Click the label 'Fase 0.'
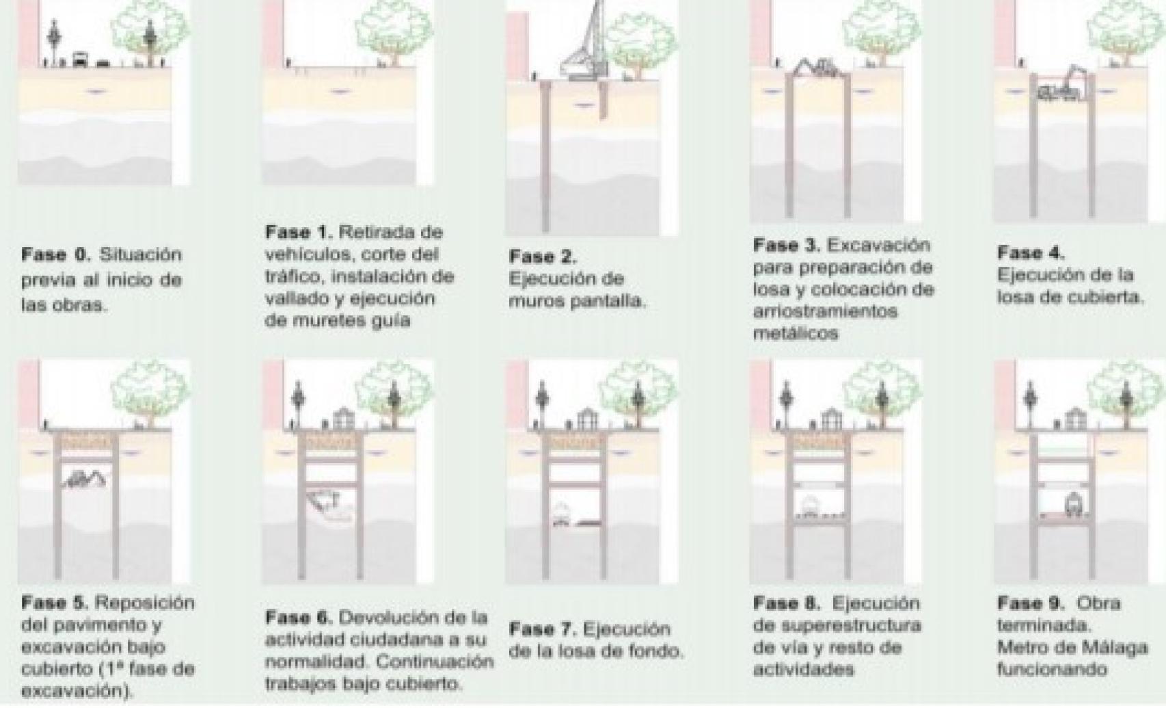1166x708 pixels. (55, 255)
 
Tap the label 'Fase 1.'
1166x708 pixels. (299, 233)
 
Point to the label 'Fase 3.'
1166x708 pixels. (787, 245)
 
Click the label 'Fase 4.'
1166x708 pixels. (1031, 253)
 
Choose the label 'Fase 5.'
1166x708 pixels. (55, 603)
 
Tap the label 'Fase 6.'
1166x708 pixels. (299, 618)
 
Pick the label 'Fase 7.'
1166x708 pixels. (543, 629)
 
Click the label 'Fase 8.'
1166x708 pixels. (787, 603)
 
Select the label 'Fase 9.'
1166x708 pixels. (1031, 603)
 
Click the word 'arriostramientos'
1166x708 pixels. (824, 311)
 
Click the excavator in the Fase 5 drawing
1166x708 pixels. (85, 479)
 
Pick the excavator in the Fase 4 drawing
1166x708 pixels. (1063, 86)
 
